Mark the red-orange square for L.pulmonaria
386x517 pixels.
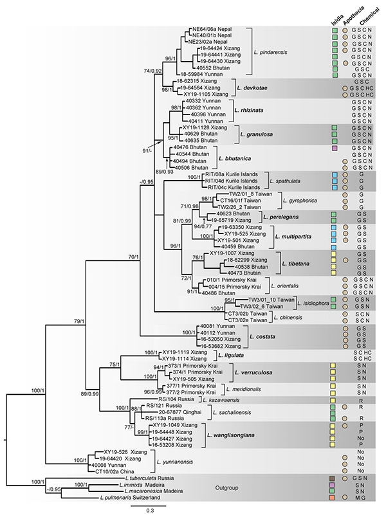pos(333,497)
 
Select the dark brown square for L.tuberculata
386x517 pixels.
pos(333,478)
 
